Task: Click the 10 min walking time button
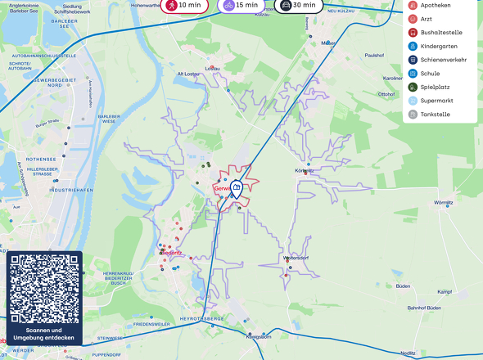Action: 183,5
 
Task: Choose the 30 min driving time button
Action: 297,5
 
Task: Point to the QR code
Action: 44,288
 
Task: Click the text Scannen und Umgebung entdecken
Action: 44,334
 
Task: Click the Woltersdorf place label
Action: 296,258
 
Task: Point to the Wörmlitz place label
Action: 445,202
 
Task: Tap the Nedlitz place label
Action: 408,353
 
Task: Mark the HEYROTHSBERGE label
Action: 202,317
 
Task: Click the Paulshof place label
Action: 375,55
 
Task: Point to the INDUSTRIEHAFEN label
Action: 71,189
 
